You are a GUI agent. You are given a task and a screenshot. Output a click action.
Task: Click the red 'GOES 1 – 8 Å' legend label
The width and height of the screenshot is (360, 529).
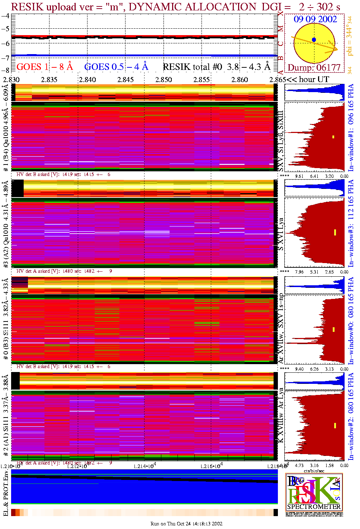(44, 67)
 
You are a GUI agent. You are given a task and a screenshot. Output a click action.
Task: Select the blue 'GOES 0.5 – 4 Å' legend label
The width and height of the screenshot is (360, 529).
(116, 67)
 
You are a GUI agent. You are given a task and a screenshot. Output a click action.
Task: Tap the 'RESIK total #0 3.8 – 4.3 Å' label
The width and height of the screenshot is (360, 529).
(217, 67)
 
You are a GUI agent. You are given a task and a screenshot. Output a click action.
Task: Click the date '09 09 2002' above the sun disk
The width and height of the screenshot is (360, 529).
(315, 19)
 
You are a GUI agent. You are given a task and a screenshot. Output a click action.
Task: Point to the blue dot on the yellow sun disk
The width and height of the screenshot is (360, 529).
(314, 39)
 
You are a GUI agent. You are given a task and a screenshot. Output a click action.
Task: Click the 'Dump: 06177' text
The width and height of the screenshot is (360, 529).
(314, 67)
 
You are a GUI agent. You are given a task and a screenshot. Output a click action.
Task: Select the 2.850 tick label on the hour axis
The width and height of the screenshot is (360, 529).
(164, 80)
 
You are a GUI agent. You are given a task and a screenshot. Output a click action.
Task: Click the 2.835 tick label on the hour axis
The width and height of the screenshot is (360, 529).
(49, 80)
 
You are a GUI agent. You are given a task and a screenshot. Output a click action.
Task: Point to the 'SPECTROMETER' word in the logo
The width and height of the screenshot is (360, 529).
(314, 506)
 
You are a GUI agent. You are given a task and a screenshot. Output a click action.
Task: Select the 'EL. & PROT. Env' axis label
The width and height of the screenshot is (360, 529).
(6, 494)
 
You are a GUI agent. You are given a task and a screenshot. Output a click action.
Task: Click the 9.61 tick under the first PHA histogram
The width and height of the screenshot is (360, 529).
(299, 176)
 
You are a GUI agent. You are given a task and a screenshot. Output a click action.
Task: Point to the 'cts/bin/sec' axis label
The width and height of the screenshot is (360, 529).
(314, 471)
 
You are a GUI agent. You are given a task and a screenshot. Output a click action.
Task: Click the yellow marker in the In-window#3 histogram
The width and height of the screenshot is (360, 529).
(335, 232)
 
